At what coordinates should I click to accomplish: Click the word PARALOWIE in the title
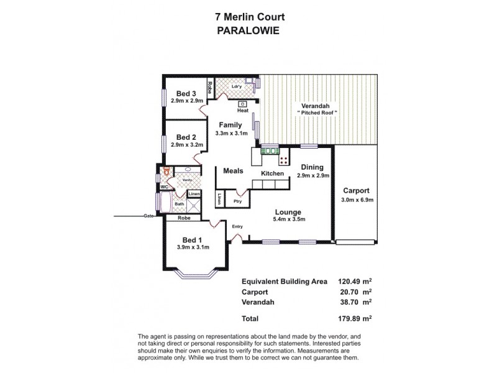(248, 28)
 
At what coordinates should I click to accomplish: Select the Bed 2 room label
(186, 137)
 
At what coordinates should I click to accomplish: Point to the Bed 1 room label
(192, 240)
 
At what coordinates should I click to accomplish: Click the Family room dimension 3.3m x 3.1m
(230, 133)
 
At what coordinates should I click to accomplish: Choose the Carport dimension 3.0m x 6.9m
(357, 200)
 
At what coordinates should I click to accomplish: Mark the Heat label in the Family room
(242, 111)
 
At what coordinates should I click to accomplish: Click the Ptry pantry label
(237, 201)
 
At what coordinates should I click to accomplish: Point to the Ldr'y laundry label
(236, 86)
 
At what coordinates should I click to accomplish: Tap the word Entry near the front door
(237, 226)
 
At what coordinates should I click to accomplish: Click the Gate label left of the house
(148, 216)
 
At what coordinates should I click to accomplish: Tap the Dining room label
(312, 167)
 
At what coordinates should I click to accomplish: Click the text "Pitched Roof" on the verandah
(317, 113)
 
